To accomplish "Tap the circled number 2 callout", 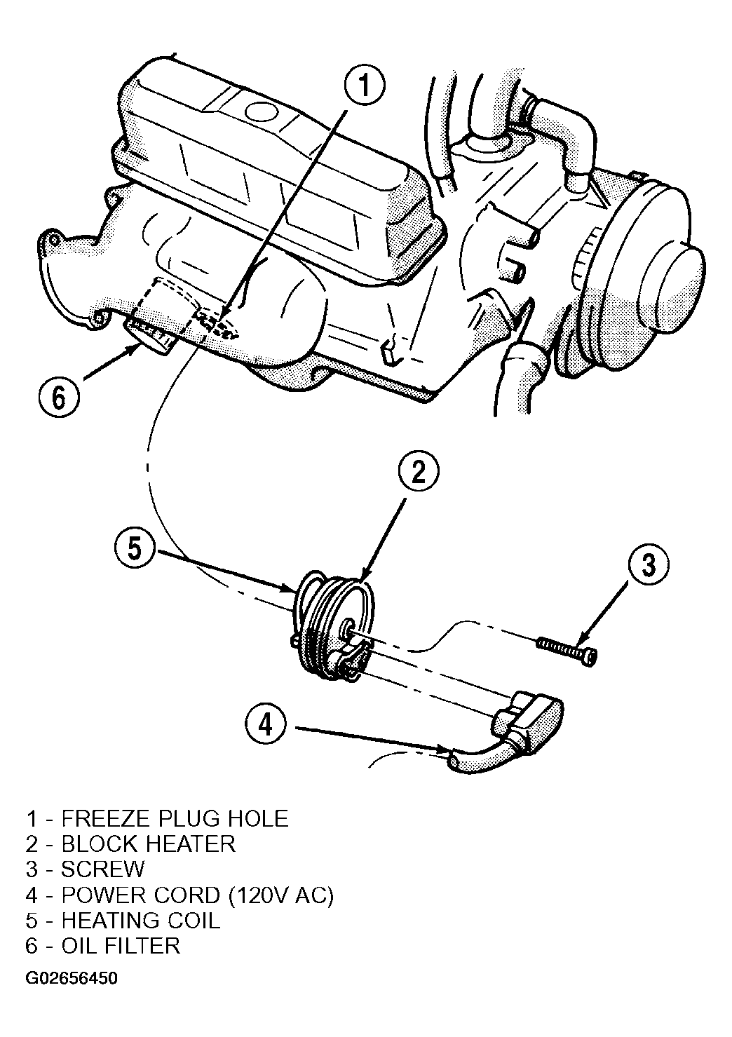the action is tap(419, 473).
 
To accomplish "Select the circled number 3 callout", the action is tap(648, 565).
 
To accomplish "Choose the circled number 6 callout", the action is tap(59, 398).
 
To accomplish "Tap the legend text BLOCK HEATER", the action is tap(148, 856).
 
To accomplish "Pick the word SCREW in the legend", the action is tap(103, 882).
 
